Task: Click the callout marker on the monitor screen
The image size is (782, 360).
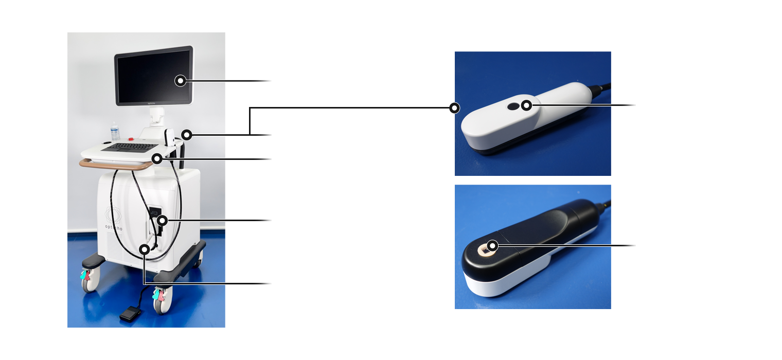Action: click(181, 81)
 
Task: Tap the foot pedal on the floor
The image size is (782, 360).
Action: click(130, 314)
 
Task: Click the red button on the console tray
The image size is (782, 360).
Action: click(131, 138)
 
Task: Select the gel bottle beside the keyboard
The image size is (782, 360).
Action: click(115, 133)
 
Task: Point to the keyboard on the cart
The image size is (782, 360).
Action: click(130, 147)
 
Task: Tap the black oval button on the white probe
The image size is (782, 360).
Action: click(513, 106)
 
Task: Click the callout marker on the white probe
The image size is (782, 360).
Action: click(526, 105)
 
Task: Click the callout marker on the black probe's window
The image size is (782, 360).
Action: click(493, 246)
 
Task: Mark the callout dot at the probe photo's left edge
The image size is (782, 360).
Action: click(454, 108)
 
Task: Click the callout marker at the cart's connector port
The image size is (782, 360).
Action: click(162, 221)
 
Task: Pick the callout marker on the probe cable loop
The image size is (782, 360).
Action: click(145, 249)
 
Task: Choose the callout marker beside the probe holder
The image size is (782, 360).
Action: click(187, 135)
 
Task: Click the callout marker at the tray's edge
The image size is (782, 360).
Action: click(157, 159)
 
